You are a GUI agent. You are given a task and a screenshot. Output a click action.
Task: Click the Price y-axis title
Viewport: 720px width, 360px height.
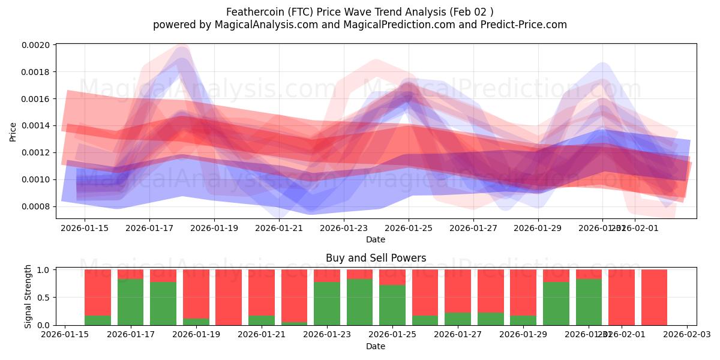(x=13, y=132)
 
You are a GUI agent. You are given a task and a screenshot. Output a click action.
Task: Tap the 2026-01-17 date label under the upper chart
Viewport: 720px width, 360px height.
(x=149, y=228)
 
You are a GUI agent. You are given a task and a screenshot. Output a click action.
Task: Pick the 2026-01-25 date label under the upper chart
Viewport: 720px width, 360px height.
(x=409, y=228)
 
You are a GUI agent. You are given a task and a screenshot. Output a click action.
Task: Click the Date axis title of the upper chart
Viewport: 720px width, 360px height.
(x=376, y=239)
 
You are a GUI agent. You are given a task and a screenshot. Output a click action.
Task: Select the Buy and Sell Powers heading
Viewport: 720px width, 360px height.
(x=376, y=258)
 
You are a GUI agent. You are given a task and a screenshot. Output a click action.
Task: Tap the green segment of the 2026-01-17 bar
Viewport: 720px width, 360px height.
(x=131, y=302)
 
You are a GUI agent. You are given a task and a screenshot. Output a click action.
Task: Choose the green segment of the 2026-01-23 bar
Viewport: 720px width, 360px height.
(x=326, y=304)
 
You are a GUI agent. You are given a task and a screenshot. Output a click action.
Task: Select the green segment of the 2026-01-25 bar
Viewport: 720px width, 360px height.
(x=392, y=305)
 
